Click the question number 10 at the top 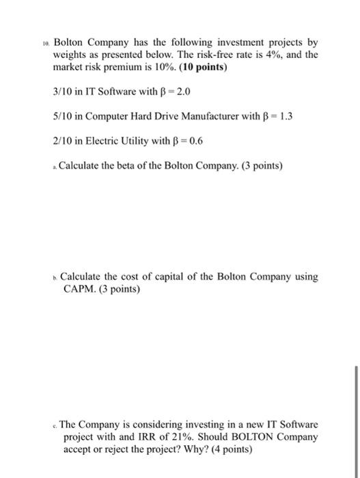tap(45, 42)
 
